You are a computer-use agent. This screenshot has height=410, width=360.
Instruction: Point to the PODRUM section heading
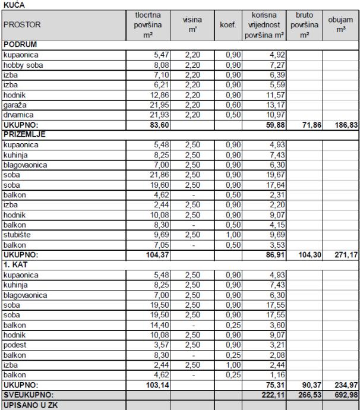(20, 44)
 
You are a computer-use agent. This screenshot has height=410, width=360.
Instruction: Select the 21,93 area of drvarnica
(151, 114)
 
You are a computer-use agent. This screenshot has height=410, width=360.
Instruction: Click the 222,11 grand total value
(270, 395)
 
